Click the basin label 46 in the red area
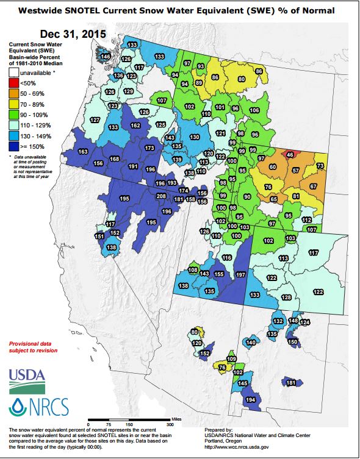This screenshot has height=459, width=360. coord(290,155)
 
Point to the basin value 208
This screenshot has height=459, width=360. coord(161,196)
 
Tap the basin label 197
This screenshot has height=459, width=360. coord(240,275)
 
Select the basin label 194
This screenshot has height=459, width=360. coord(250,400)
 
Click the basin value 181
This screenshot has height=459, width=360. coord(291,383)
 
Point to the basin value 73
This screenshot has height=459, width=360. coord(320,166)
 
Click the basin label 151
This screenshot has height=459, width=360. coord(99,236)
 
